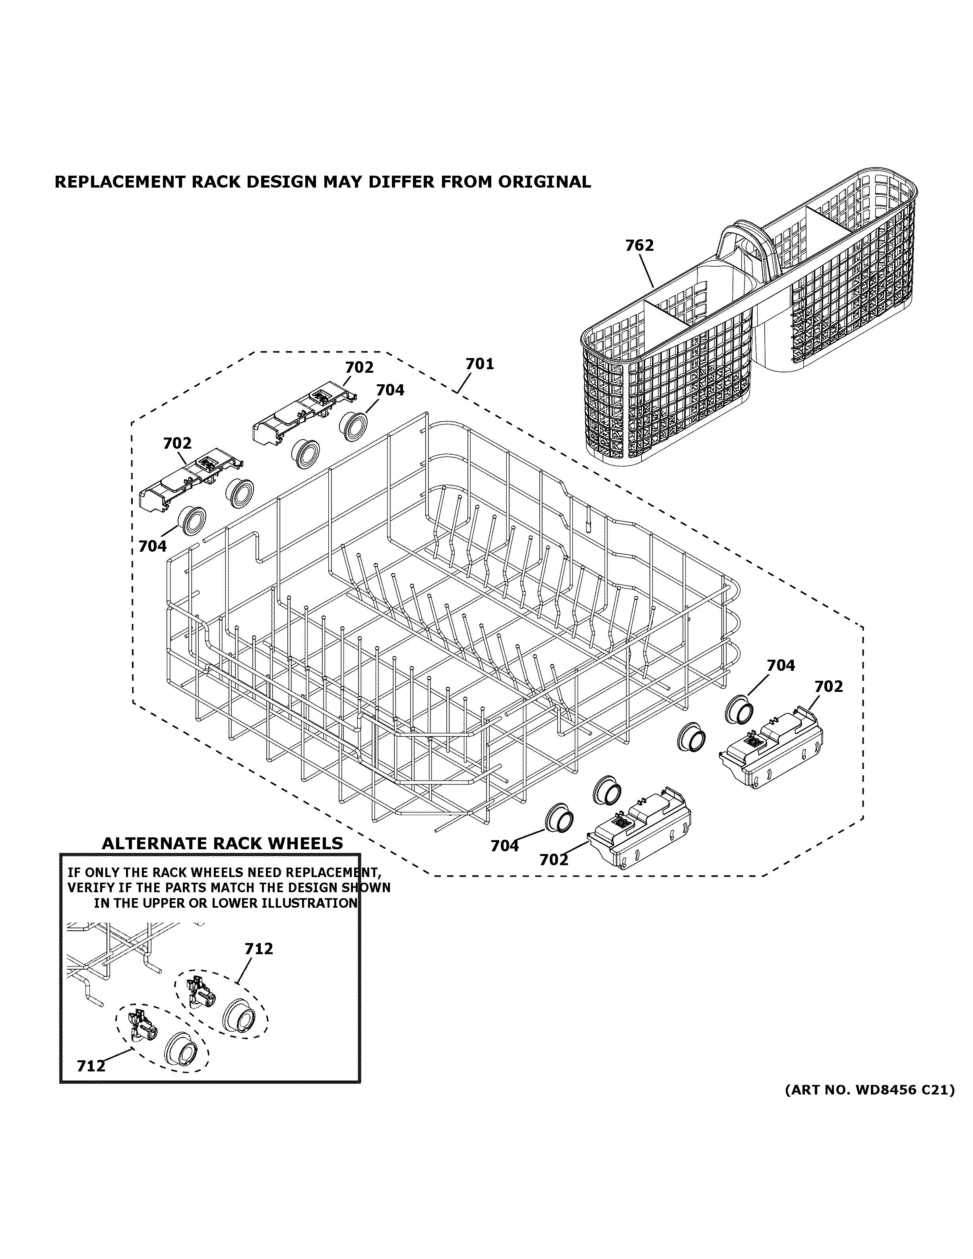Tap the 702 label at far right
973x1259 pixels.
(x=828, y=687)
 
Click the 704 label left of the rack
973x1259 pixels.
(x=152, y=546)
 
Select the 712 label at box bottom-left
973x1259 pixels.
(x=91, y=1067)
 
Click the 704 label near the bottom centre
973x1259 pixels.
(x=504, y=846)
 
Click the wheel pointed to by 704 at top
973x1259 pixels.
(x=353, y=427)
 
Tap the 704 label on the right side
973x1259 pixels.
(x=781, y=666)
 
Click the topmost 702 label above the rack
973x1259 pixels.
(x=359, y=368)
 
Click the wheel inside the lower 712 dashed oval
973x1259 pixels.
(x=181, y=1049)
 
